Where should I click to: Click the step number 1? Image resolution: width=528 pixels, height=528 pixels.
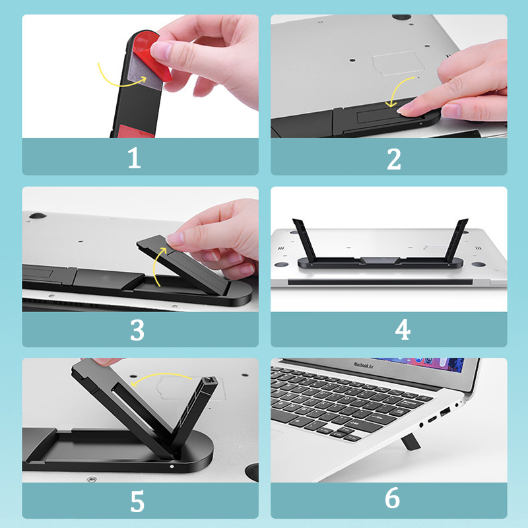pos(134,158)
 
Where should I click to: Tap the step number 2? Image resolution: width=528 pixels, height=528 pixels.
pos(394,158)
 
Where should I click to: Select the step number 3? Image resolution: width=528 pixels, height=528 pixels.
pos(137,329)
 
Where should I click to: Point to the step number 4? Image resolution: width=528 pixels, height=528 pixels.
pos(403,329)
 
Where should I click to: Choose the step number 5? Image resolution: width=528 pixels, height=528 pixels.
pos(137,501)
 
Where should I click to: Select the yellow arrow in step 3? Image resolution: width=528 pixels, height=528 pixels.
pos(156,271)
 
